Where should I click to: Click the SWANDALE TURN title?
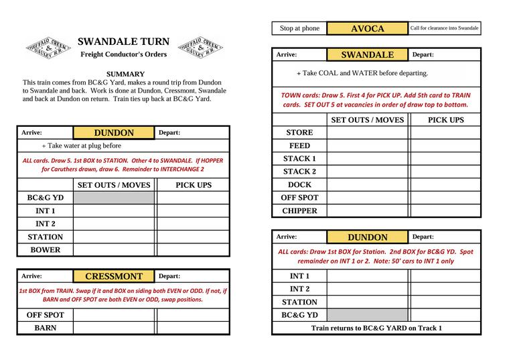coord(123,42)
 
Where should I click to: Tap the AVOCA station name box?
coord(367,29)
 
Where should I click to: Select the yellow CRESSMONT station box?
coord(114,276)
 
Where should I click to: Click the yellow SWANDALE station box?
coord(367,55)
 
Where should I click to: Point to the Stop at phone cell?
coord(299,29)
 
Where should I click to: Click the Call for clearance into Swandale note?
coord(444,29)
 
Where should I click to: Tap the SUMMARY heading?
coord(125,74)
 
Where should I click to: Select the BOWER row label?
coord(45,250)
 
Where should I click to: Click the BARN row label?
coord(45,328)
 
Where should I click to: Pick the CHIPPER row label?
coord(299,211)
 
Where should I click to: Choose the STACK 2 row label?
coord(299,172)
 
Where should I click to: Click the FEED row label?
coord(299,145)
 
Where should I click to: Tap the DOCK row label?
coord(299,185)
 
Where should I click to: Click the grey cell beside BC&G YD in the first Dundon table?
coord(114,198)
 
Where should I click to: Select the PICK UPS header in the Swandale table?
coord(445,120)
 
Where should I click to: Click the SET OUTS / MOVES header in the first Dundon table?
coord(114,185)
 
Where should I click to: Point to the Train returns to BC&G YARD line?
coord(376,328)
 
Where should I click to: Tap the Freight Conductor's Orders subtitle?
coord(123,54)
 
